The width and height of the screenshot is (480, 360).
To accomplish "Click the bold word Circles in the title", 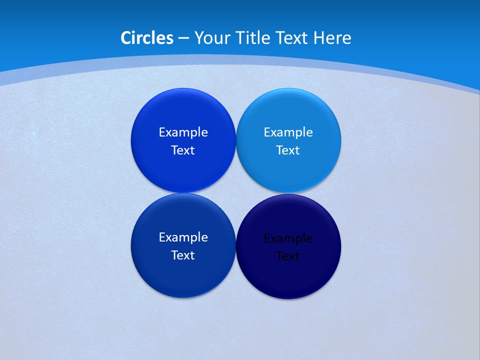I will coord(147,38).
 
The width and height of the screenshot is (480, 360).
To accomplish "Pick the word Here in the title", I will coord(332,38).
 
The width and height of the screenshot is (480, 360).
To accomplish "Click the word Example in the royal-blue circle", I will coord(183,132).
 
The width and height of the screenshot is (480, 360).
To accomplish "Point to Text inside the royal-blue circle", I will coord(183,150).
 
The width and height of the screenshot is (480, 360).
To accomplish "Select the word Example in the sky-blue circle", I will coord(288,132).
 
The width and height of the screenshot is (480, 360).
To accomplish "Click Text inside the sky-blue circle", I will coord(288,150).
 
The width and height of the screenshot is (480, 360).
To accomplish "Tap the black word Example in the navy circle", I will coord(288,238).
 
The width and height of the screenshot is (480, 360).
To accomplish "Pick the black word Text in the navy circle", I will coord(288,256).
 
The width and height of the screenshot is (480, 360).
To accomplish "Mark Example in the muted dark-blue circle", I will coord(183,237).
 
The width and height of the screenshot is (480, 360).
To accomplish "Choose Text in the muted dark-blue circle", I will coord(183,255).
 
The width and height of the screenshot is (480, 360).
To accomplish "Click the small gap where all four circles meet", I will coord(235,193).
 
